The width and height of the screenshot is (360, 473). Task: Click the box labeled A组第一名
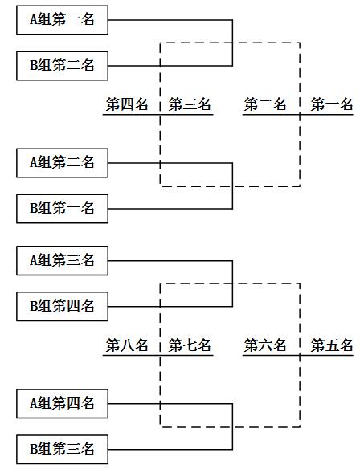click(62, 20)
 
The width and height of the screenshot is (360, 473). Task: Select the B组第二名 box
click(62, 65)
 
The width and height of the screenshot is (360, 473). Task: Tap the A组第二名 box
click(62, 163)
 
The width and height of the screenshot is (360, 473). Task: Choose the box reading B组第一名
click(62, 208)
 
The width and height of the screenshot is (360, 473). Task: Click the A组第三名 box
click(62, 260)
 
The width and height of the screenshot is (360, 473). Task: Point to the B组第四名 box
click(62, 305)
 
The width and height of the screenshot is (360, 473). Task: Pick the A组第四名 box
click(62, 403)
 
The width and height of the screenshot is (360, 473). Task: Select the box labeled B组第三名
click(62, 448)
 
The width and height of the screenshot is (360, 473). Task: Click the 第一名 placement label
click(332, 104)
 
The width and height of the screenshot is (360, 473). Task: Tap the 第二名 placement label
click(265, 104)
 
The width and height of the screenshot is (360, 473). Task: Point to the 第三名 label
click(190, 104)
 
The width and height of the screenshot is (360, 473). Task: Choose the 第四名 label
click(127, 104)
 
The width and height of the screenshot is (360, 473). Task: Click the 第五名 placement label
click(332, 345)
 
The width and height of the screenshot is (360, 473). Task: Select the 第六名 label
click(265, 345)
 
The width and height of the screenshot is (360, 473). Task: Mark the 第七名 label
click(190, 345)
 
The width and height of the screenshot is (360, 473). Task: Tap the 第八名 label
click(127, 345)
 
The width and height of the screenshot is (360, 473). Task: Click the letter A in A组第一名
click(35, 20)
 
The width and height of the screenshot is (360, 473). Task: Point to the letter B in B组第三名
click(35, 448)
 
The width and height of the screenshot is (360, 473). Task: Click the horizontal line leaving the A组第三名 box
click(169, 260)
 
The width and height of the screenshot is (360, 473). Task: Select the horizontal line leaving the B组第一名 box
click(169, 208)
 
